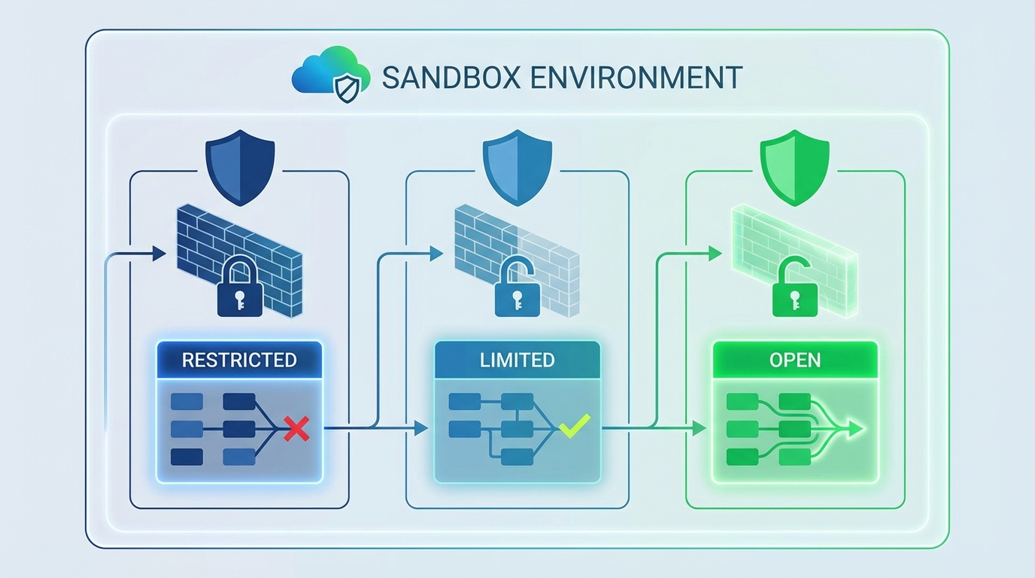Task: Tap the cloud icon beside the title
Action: coord(331,72)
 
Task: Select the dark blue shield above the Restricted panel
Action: coord(240,166)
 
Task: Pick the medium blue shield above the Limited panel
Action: coord(517,166)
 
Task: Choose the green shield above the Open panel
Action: coord(795,166)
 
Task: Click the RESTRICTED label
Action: coord(239,360)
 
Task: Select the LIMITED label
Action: coord(517,360)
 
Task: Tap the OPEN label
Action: coord(795,360)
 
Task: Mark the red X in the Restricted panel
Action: coord(296,430)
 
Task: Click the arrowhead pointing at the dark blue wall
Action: coord(159,254)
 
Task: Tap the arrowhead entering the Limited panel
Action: coord(420,429)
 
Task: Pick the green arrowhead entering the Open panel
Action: coord(699,429)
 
